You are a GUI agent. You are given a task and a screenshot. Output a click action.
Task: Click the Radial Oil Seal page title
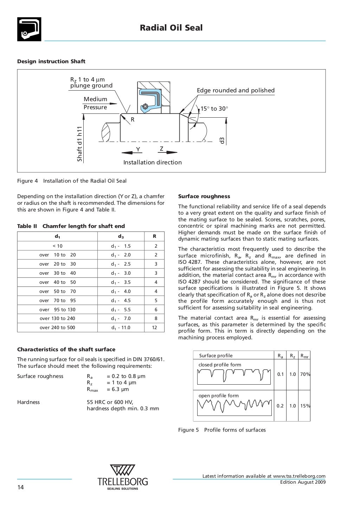point(171,28)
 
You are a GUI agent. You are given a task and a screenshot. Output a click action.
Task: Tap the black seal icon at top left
point(29,29)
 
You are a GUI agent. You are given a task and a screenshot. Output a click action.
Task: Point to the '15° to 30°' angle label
point(214,109)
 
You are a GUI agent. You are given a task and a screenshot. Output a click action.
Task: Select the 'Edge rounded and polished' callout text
point(236,90)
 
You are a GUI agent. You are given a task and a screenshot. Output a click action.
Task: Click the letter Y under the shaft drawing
point(138,150)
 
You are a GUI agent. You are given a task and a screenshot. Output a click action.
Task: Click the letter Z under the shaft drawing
point(161,149)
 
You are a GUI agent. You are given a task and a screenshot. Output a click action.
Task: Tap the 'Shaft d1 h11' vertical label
point(80,144)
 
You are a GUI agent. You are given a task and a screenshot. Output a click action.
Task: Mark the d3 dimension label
point(222,141)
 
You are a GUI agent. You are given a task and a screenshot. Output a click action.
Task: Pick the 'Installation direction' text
point(153,162)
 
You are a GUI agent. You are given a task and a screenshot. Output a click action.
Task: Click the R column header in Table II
point(154,236)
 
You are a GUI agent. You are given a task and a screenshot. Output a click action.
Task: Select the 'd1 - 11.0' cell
point(121,327)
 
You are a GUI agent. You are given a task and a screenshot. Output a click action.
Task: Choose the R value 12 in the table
point(154,327)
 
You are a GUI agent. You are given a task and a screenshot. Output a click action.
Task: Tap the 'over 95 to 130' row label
point(57,309)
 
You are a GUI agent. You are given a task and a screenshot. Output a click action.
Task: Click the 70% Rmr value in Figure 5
point(305,374)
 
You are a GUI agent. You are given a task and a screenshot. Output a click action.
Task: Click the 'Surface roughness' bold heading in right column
point(204,196)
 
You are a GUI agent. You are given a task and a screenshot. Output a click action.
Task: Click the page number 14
point(21,487)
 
